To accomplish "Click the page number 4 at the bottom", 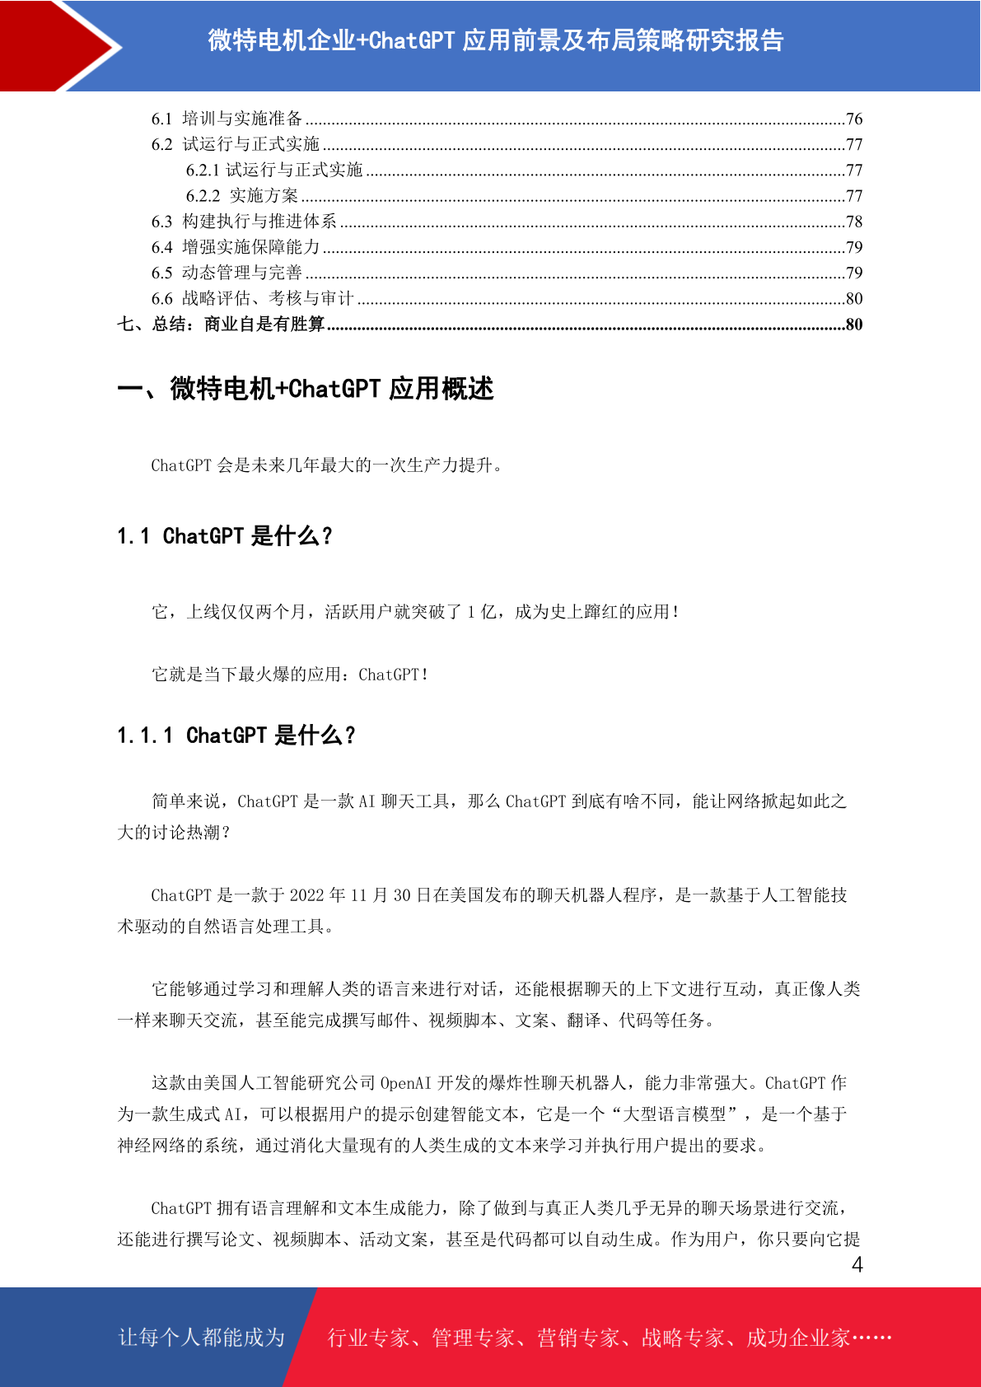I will point(857,1265).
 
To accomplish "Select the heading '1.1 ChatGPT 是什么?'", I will point(224,536).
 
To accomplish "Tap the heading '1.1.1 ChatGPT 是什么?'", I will point(236,736).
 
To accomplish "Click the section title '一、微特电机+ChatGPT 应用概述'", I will point(306,389).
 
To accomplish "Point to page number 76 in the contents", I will point(853,119).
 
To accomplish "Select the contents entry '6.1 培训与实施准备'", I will point(227,119).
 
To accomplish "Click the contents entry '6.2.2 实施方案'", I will point(242,196).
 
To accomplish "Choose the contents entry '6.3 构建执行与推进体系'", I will point(244,222).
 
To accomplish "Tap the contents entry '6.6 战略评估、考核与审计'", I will point(252,298).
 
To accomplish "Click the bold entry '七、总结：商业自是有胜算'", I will point(221,325).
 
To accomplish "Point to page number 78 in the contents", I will point(853,222).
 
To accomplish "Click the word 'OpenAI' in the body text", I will point(405,1083).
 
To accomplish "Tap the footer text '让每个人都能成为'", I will point(202,1337).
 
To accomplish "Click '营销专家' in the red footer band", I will point(578,1338).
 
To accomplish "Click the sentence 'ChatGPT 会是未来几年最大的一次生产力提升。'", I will point(327,465).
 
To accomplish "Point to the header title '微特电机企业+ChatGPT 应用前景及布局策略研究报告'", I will point(495,40).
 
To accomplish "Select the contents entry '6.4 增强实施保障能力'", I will point(236,247).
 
